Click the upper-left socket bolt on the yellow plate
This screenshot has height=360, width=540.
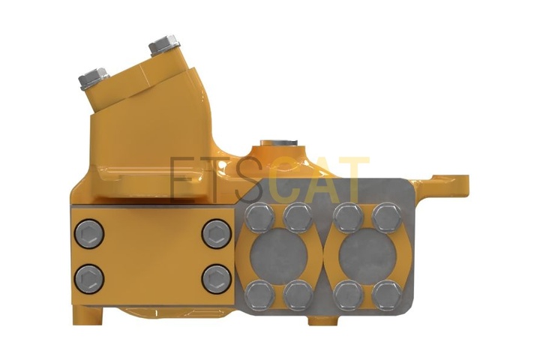(x=89, y=234)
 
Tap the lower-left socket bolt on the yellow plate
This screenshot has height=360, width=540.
(x=89, y=279)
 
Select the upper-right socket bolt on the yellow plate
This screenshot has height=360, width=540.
(x=216, y=234)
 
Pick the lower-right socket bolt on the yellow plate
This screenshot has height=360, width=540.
(x=216, y=279)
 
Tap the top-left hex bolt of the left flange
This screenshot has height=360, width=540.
(x=259, y=218)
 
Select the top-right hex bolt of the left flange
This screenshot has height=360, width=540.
(x=298, y=218)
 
